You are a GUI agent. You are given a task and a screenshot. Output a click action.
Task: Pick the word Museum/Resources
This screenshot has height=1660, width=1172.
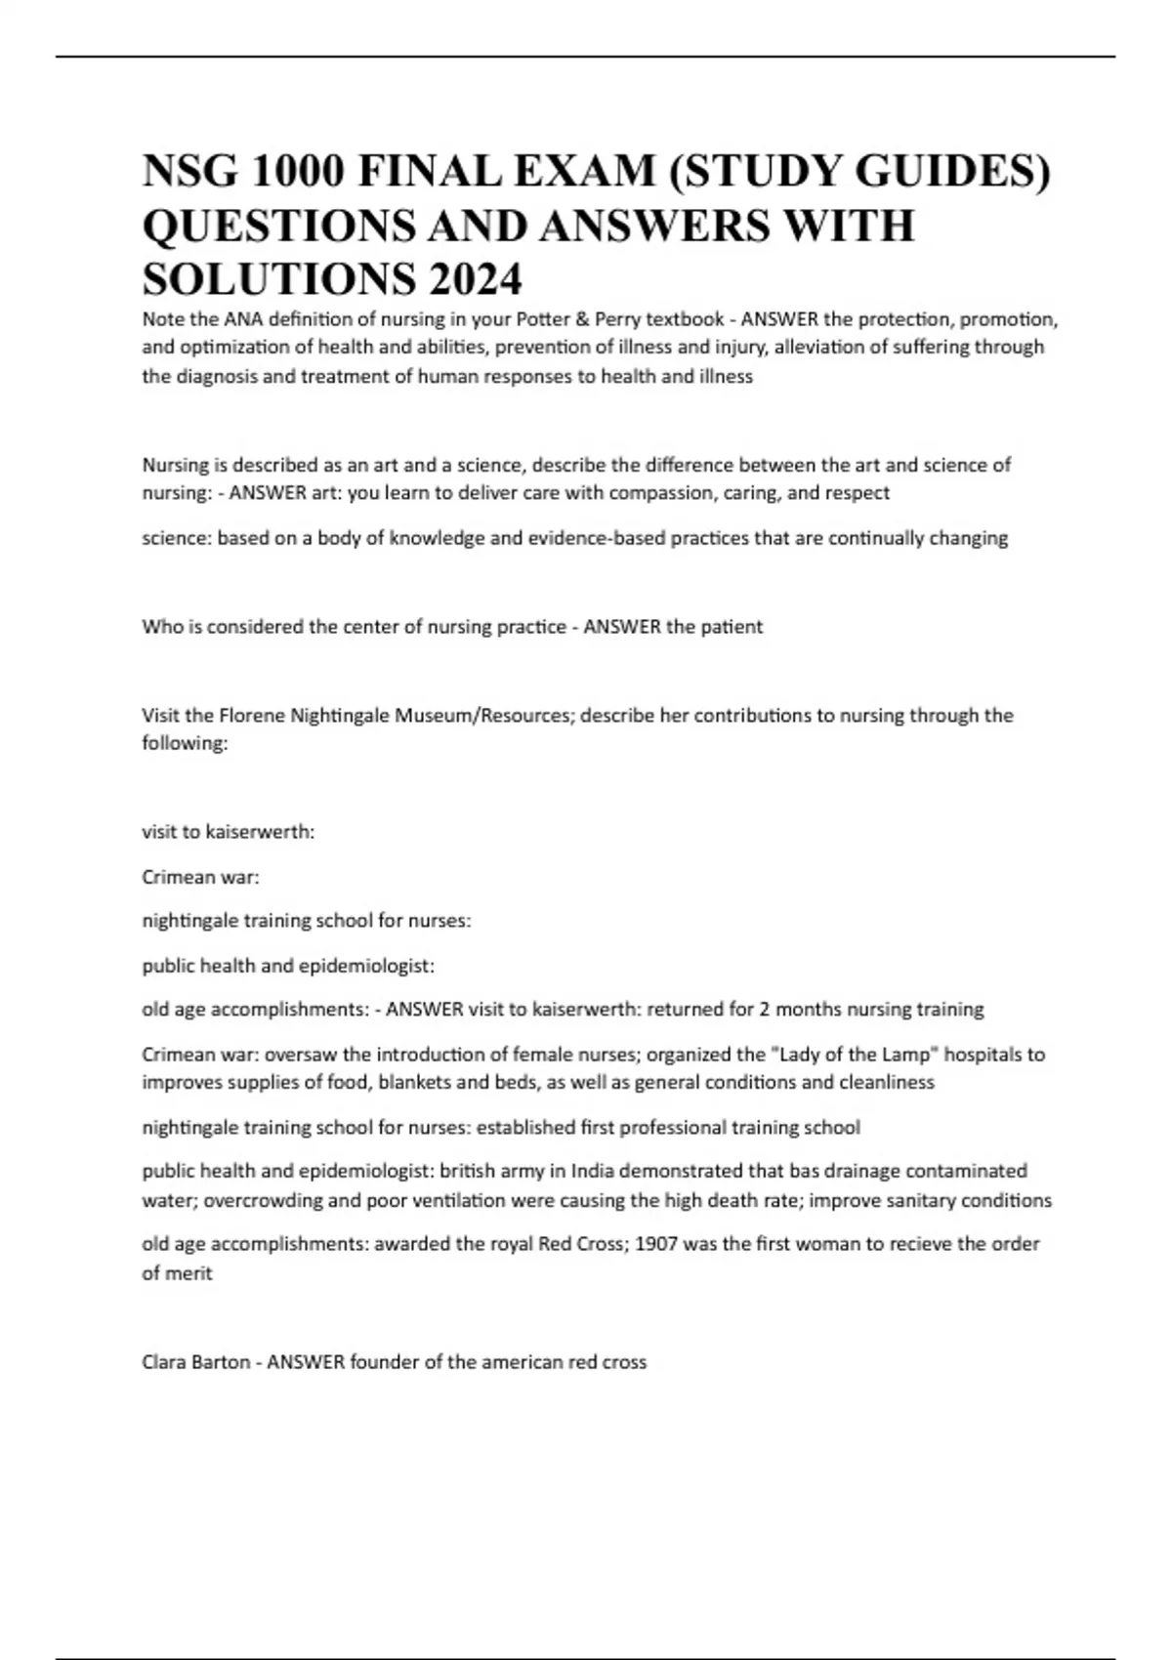pyautogui.click(x=484, y=716)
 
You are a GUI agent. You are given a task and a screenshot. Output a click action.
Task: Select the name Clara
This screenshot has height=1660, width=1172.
pyautogui.click(x=166, y=1362)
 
